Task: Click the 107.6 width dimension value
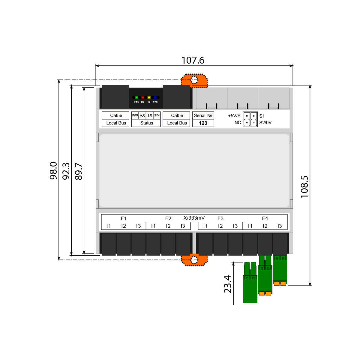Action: [193, 60]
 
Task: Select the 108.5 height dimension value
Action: [304, 187]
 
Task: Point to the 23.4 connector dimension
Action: [227, 284]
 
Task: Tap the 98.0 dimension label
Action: [53, 171]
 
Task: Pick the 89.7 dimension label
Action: [79, 171]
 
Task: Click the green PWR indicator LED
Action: [136, 97]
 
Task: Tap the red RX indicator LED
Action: [143, 97]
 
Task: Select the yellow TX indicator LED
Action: [149, 97]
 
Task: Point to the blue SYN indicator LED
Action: [155, 97]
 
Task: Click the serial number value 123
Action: [203, 123]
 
